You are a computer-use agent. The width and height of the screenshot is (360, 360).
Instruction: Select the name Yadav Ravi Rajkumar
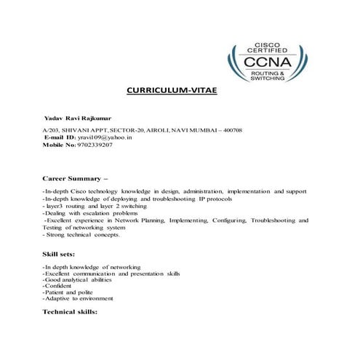79,116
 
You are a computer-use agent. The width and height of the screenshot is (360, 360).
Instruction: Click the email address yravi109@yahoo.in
105,136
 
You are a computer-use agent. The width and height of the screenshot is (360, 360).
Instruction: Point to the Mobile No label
59,144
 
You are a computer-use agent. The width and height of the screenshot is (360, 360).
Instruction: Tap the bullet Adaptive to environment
78,298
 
